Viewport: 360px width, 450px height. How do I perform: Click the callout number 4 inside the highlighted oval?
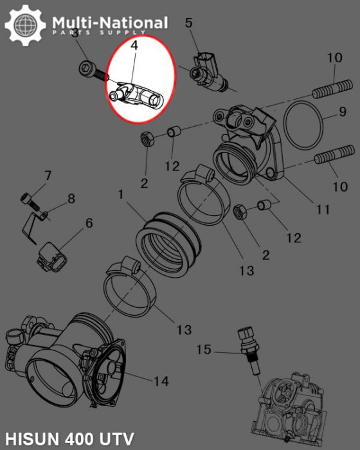(134, 46)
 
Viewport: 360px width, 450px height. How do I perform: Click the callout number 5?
(188, 23)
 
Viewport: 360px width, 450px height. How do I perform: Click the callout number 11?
(322, 210)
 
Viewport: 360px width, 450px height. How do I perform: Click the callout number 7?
(47, 175)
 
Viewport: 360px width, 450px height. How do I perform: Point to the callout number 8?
(71, 199)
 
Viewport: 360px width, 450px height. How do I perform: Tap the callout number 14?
(161, 382)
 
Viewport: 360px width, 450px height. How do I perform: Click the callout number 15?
(203, 350)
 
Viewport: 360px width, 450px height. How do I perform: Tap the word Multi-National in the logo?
(110, 24)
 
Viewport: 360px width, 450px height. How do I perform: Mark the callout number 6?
(89, 223)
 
